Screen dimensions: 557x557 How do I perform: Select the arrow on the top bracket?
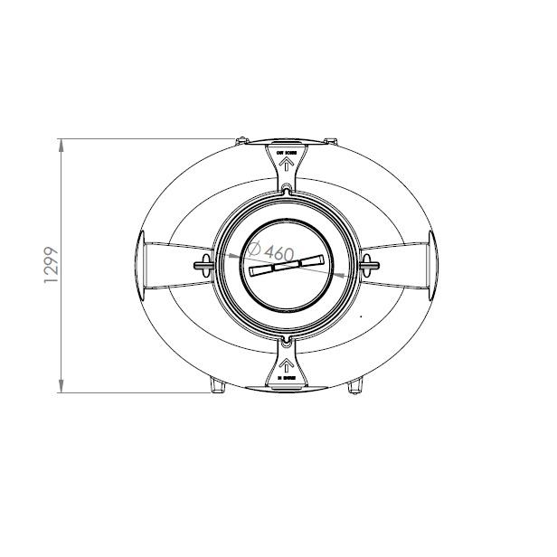(286, 166)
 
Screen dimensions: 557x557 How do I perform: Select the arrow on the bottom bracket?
(286, 365)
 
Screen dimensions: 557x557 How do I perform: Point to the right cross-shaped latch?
(366, 264)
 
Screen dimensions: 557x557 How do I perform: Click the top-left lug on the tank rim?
(241, 142)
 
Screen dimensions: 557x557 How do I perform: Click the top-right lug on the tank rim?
(331, 142)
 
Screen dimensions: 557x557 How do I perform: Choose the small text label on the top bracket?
(286, 155)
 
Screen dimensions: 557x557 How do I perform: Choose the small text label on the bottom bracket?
(286, 379)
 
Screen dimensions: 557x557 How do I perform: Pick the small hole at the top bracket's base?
(286, 188)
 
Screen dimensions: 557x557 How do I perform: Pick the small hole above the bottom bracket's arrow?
(286, 343)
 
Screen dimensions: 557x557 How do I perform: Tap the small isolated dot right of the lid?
(361, 316)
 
